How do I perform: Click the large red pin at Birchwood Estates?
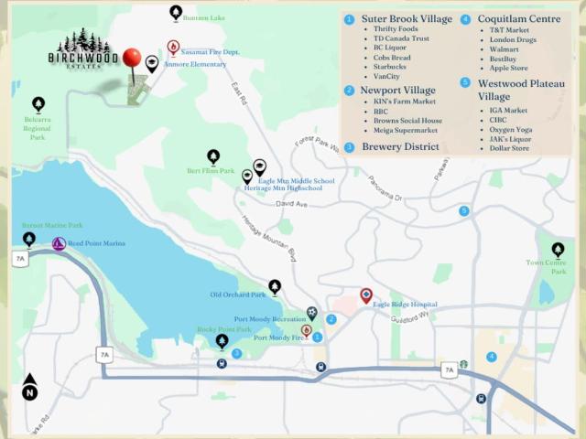[x=133, y=59]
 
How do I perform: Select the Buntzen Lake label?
[x=203, y=18]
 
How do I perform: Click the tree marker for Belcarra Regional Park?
[x=38, y=104]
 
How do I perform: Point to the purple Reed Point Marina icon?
[x=59, y=244]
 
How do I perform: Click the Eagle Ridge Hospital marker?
[x=366, y=295]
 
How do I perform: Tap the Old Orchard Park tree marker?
[x=275, y=286]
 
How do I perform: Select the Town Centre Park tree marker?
[x=558, y=249]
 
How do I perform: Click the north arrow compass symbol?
[x=30, y=386]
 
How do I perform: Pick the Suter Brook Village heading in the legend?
[x=407, y=19]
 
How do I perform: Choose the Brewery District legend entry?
[x=400, y=146]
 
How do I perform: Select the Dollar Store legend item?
[x=510, y=148]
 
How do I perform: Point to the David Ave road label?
[x=292, y=204]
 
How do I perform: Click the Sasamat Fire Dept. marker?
[x=173, y=47]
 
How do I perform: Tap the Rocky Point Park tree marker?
[x=222, y=341]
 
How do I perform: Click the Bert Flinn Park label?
[x=211, y=171]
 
